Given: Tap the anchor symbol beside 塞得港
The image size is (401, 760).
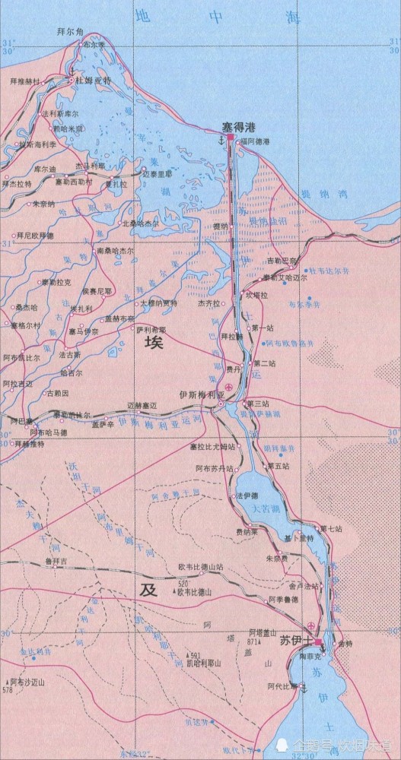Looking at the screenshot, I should point(221,141).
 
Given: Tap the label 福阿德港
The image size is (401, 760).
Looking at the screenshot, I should point(255,142).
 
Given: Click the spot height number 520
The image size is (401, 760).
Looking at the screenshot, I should point(183,583).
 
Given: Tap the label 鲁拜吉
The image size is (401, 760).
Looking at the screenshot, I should point(57,561).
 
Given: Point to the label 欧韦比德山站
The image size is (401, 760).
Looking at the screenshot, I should point(200,567).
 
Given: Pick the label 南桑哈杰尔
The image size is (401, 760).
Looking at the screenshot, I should point(115,250).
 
